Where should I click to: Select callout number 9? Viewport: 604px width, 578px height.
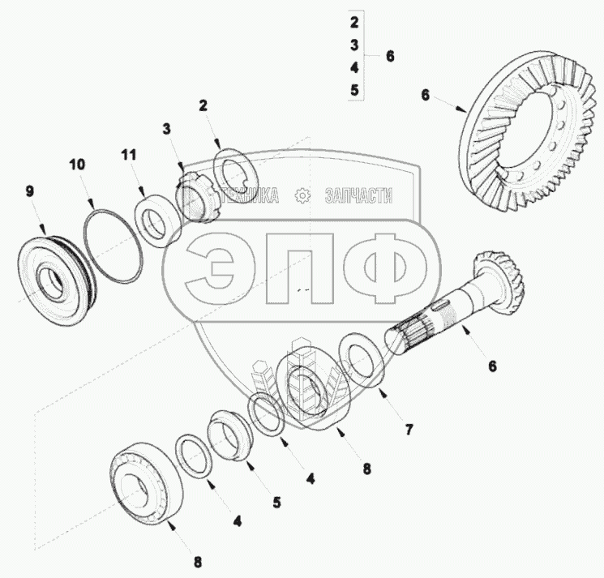pyautogui.click(x=30, y=191)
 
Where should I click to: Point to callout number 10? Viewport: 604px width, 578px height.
pyautogui.click(x=77, y=165)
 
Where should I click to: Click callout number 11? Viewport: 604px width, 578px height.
pyautogui.click(x=129, y=155)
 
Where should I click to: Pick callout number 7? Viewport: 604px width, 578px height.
pyautogui.click(x=409, y=429)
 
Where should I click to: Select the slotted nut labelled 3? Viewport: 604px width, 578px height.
pyautogui.click(x=196, y=196)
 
